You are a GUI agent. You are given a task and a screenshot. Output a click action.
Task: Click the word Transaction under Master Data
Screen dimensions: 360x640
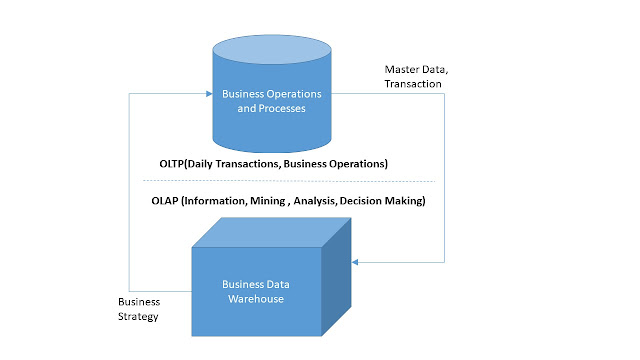414,85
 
